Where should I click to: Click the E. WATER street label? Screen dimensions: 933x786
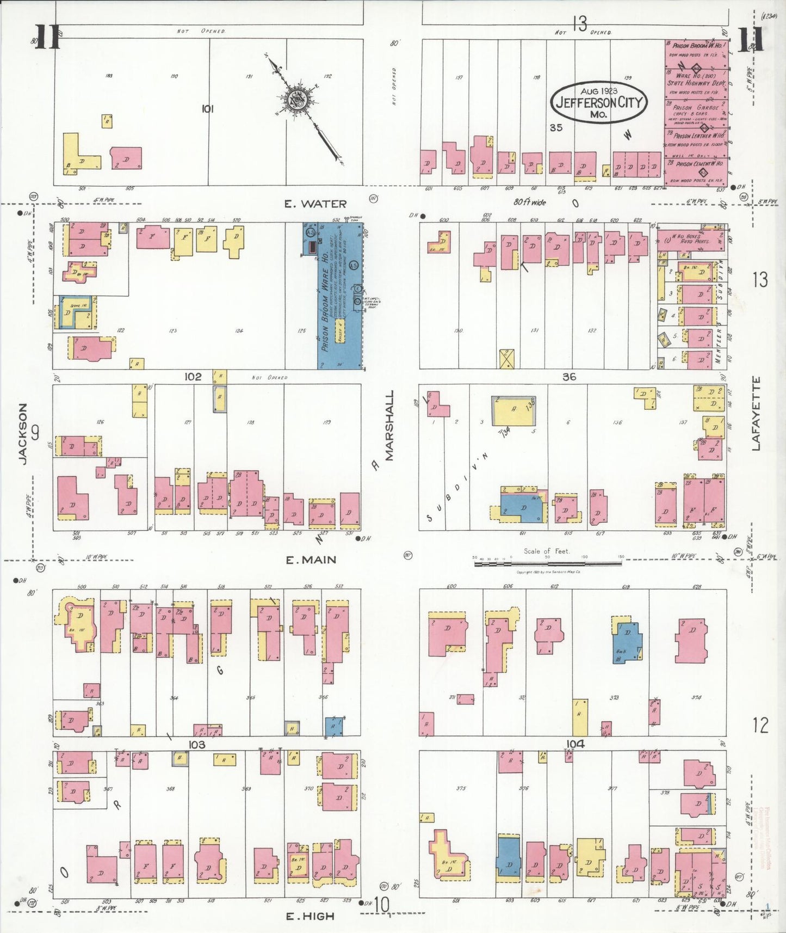tap(315, 204)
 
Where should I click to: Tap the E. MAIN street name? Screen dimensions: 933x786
tap(311, 560)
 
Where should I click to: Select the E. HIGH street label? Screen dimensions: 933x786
tap(310, 916)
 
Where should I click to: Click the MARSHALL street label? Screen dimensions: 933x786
tap(389, 425)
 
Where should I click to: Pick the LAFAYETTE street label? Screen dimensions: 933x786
tap(756, 414)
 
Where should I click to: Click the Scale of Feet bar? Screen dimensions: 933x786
tap(548, 563)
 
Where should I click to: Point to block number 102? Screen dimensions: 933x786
tap(193, 377)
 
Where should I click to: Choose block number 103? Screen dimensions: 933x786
tap(197, 745)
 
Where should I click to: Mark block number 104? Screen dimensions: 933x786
tap(575, 744)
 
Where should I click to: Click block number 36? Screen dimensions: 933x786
tap(569, 377)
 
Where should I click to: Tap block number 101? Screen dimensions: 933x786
tap(207, 109)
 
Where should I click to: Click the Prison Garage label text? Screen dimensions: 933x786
tap(696, 108)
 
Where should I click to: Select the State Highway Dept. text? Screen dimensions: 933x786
tap(696, 83)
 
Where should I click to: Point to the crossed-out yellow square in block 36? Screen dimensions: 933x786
tap(506, 359)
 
